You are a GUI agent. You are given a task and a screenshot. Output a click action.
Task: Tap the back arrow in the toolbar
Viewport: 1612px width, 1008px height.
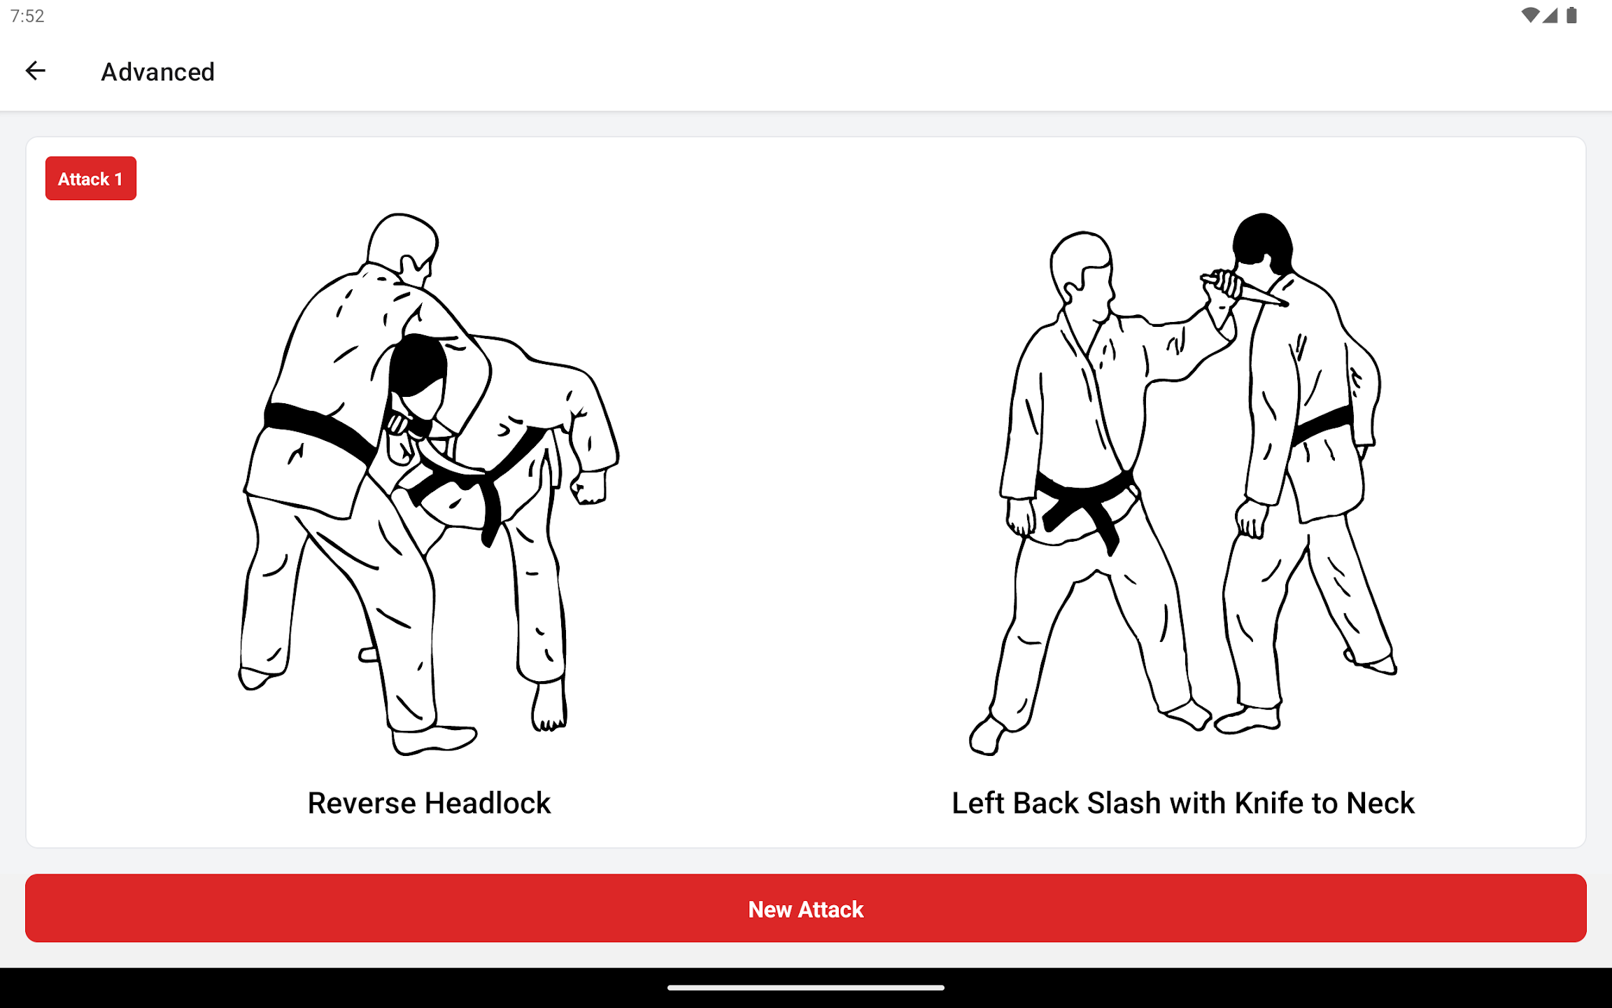point(35,71)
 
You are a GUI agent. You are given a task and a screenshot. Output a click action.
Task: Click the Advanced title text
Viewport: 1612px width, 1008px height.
point(157,72)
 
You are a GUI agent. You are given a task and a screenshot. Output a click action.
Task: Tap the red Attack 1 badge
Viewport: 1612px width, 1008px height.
point(90,178)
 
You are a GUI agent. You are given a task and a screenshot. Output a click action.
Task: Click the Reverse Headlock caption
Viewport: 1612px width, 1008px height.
point(429,803)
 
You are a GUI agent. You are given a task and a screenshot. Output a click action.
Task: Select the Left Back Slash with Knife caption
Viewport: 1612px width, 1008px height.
point(1182,803)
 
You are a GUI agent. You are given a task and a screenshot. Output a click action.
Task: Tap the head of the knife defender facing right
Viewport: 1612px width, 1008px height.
point(1081,266)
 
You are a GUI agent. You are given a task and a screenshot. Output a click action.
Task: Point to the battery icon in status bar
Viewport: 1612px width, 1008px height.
point(1571,15)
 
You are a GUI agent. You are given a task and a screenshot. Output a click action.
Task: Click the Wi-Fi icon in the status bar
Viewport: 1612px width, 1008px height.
point(1529,15)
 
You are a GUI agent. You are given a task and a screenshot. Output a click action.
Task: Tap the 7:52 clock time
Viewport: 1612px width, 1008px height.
point(27,16)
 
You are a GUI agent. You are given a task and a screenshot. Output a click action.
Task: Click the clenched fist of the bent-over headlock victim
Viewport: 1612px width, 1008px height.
point(589,488)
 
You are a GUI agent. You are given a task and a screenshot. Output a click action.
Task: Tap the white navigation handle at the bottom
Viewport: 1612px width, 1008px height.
point(805,988)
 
